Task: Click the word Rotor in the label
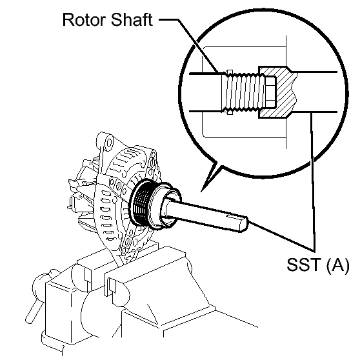tap(85, 20)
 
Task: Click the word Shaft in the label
tap(132, 19)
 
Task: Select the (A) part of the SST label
tap(337, 266)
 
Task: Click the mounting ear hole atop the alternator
tap(109, 143)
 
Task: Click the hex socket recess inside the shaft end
tap(270, 92)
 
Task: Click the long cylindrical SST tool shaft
tap(206, 214)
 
